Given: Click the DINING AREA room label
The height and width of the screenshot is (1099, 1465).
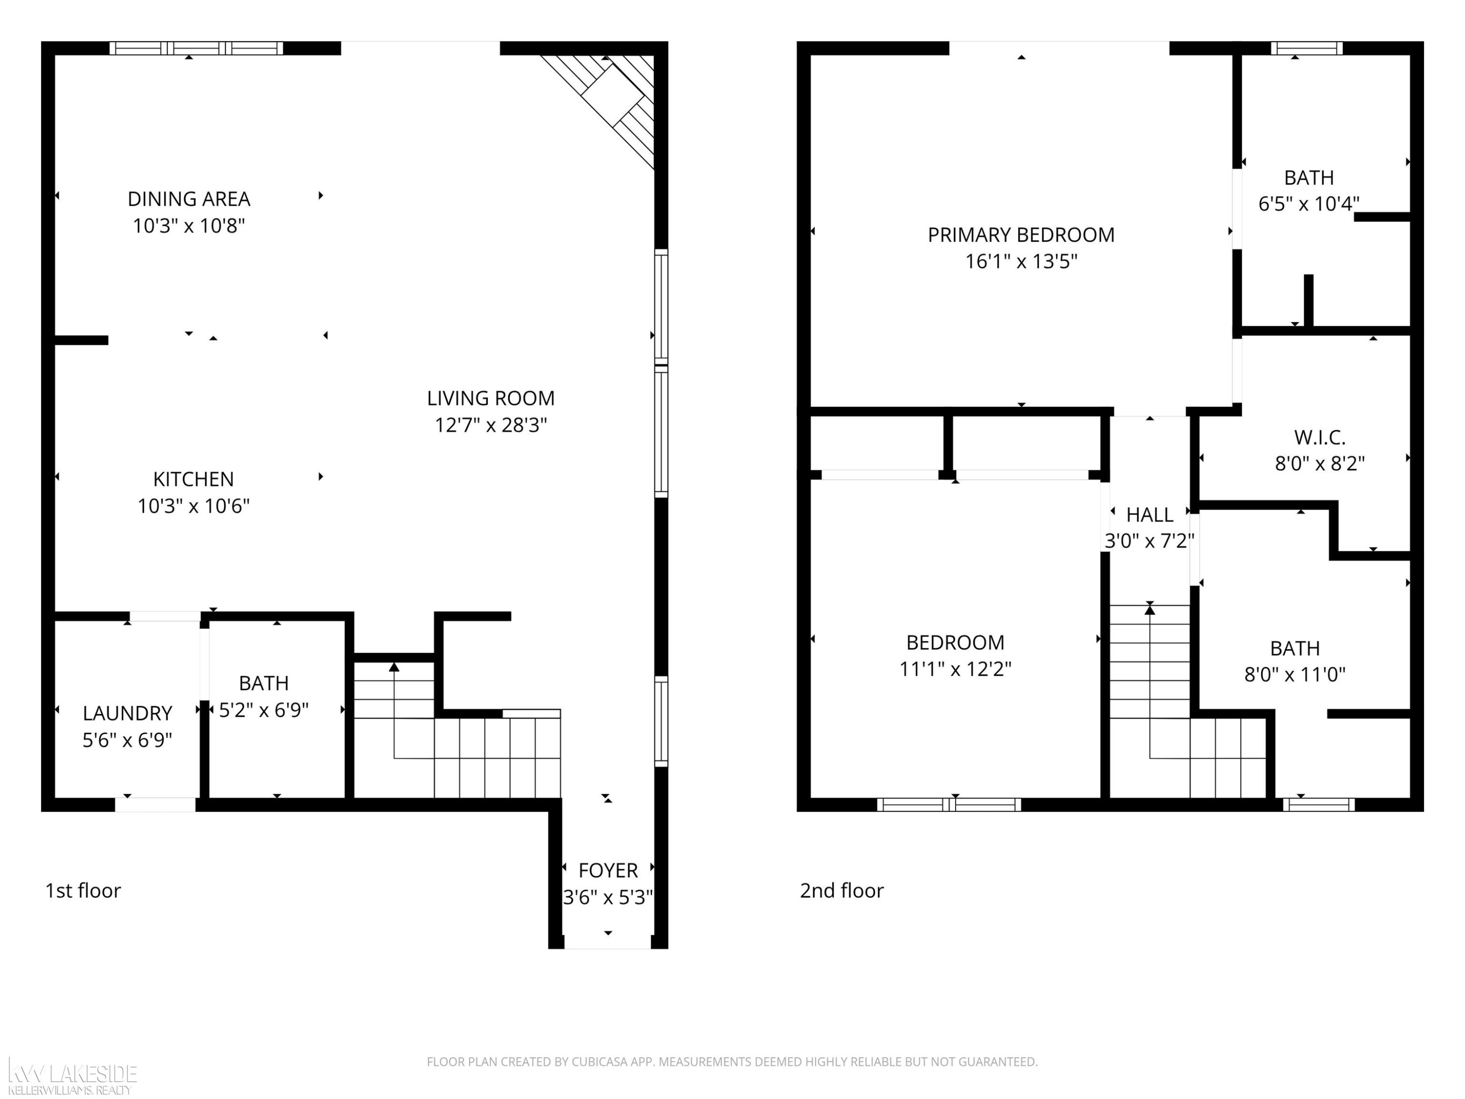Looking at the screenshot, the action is pyautogui.click(x=189, y=199).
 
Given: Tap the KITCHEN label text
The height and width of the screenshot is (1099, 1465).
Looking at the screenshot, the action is pyautogui.click(x=193, y=479).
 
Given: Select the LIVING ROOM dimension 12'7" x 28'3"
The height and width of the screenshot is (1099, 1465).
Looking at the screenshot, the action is pyautogui.click(x=491, y=424).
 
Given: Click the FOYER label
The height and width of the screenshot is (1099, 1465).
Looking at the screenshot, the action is pyautogui.click(x=608, y=870).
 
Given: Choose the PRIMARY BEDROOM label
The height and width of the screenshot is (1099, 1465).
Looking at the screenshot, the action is pyautogui.click(x=1021, y=234).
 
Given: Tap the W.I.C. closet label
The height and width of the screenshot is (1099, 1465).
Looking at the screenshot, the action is pyautogui.click(x=1319, y=437).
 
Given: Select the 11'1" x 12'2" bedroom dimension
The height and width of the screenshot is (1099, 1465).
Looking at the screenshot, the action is pyautogui.click(x=955, y=669).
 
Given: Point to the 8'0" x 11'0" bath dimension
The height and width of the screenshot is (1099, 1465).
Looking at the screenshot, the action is pyautogui.click(x=1295, y=675).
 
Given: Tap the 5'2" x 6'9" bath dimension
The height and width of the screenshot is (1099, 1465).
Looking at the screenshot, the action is pyautogui.click(x=264, y=710).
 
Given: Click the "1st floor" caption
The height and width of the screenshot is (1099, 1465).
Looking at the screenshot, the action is pyautogui.click(x=83, y=890).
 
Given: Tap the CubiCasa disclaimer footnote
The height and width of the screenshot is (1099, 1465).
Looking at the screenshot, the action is pyautogui.click(x=732, y=1062).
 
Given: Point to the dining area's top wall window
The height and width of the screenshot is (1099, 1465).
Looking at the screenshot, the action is pyautogui.click(x=196, y=48).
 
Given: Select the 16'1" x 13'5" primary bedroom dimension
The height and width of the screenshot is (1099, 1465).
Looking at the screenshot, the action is pyautogui.click(x=1021, y=262).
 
